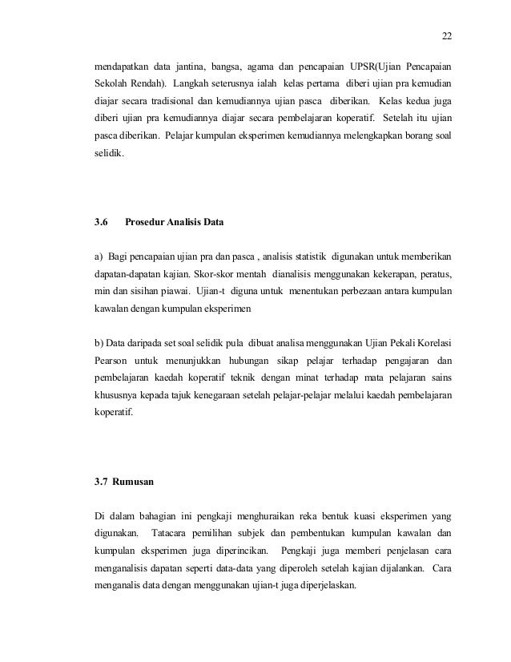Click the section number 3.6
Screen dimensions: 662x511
tap(102, 215)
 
